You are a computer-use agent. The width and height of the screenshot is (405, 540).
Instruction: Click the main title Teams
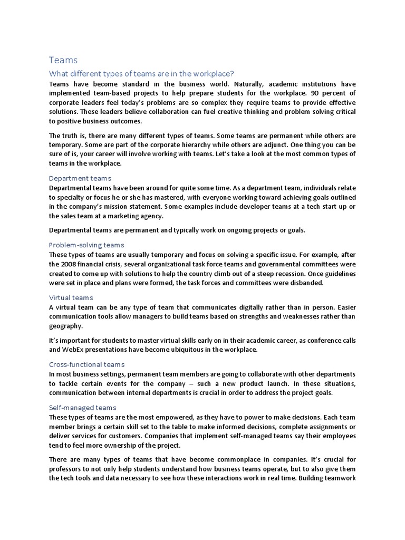click(63, 60)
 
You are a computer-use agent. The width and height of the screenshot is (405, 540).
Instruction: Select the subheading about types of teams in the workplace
click(141, 74)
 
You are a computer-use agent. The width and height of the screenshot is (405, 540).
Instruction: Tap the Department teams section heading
click(80, 178)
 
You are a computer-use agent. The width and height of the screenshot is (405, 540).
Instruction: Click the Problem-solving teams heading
click(86, 245)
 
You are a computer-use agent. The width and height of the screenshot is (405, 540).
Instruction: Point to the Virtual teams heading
click(71, 297)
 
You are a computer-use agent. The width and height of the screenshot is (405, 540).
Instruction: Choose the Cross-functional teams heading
click(86, 364)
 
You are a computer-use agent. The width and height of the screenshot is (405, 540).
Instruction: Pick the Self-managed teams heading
click(82, 408)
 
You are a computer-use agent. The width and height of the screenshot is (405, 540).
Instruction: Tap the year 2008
click(71, 264)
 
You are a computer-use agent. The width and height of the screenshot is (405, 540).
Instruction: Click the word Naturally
click(246, 84)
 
